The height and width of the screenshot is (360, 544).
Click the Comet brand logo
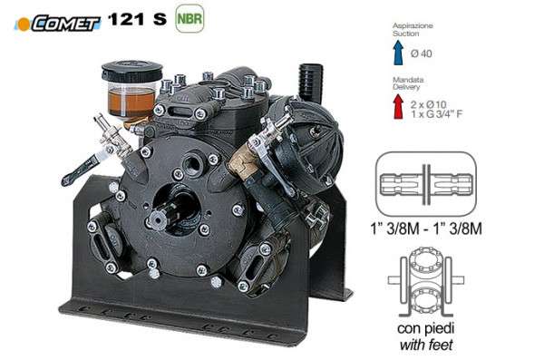pos(57,24)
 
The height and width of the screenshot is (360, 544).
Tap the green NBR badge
pos(189,18)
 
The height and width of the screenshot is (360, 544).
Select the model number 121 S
pos(138,18)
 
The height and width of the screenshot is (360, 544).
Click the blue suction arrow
pos(399,53)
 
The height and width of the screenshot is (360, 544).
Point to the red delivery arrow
pos(399,106)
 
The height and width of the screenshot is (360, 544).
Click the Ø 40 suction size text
pos(422,54)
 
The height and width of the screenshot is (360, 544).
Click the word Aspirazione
pos(413,25)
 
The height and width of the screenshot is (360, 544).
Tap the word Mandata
pos(408,80)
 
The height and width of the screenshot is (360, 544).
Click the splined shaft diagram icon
pos(426,184)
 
